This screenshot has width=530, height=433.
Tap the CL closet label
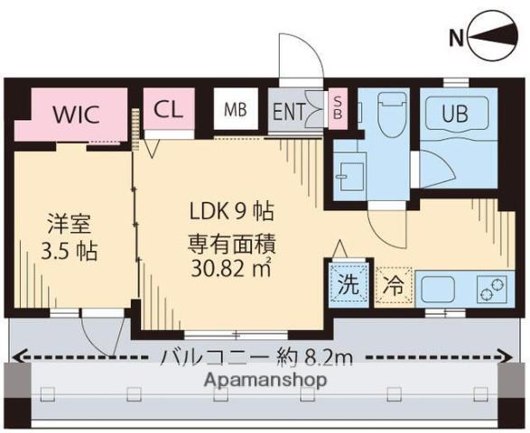point(169,110)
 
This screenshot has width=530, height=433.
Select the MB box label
point(236,111)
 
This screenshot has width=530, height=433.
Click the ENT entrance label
point(289,111)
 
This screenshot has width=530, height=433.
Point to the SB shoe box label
point(338,107)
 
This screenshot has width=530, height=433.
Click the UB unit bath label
point(460,115)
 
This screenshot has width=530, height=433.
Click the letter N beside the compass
point(457,37)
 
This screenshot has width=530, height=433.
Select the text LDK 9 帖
point(231,213)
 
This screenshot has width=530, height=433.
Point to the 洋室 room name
point(70,223)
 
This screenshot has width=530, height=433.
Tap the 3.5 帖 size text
point(70,249)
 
